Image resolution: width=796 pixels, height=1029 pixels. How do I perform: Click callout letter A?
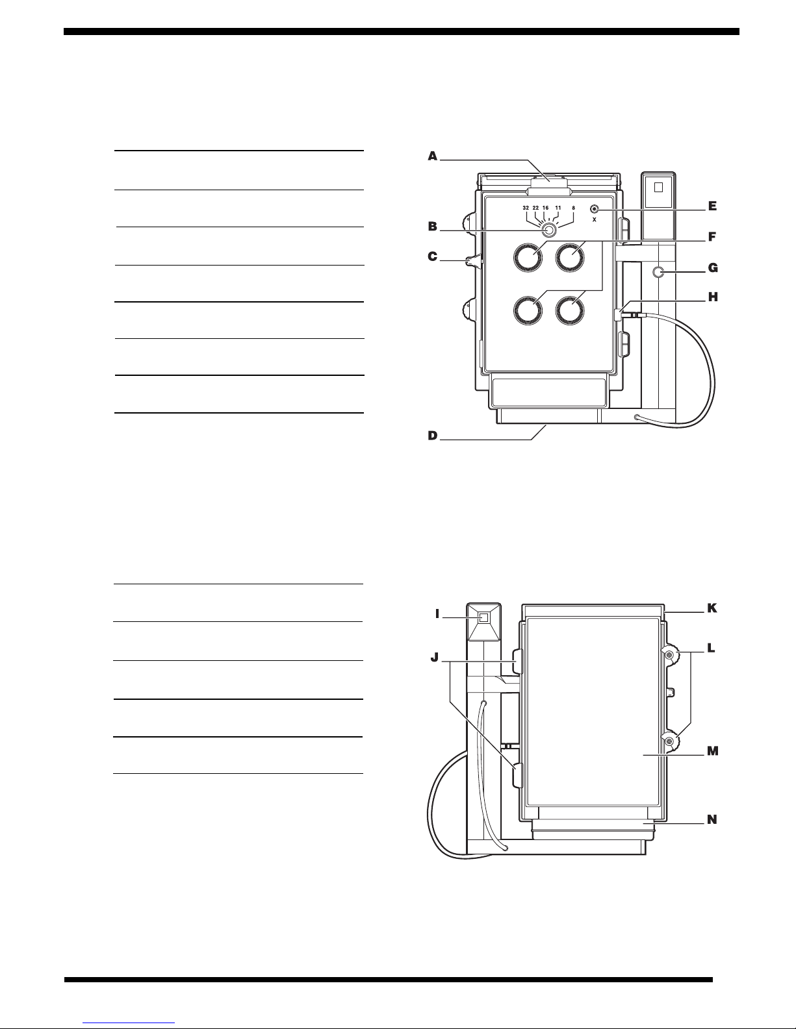433,156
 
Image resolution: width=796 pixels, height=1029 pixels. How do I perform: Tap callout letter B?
433,227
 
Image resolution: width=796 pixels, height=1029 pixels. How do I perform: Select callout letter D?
433,436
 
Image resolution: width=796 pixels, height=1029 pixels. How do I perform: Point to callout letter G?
713,268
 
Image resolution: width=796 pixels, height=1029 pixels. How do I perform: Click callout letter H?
713,297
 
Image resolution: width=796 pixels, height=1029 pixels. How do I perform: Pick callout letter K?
712,608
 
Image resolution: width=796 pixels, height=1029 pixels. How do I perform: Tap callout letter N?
712,819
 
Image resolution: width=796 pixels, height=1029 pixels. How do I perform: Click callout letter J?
435,658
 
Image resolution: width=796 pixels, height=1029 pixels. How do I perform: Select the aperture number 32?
526,208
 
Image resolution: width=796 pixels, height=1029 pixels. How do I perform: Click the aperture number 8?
573,208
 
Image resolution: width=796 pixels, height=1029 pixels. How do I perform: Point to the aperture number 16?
545,208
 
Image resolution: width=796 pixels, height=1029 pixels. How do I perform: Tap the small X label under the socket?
594,219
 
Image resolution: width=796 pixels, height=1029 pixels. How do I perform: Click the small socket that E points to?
594,209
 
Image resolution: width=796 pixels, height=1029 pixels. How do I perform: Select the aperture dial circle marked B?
548,230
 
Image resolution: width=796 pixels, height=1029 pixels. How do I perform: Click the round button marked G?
659,272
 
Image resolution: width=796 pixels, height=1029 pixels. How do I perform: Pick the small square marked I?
483,617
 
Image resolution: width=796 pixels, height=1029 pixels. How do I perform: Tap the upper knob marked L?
669,656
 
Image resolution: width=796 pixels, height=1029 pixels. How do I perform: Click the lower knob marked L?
669,742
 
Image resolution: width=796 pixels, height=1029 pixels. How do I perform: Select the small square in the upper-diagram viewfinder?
658,188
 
